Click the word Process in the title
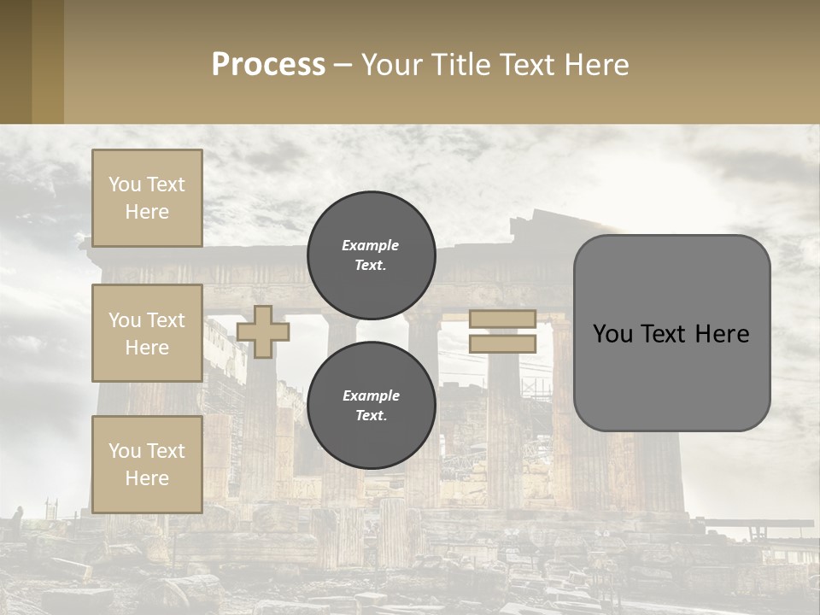pos(268,65)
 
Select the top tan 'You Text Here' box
pos(147,198)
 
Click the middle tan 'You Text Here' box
pos(147,333)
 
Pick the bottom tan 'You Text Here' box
pos(147,465)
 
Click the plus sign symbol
pos(263,331)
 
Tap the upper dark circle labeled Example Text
pos(371,255)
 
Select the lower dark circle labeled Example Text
pos(371,406)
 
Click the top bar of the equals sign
pos(502,319)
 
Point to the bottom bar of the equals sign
pos(502,344)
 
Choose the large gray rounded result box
pos(671,376)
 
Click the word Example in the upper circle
pos(371,245)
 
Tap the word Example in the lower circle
pos(371,395)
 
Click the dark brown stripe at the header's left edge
pos(15,61)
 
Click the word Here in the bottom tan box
pos(147,478)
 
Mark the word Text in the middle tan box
pos(165,320)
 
